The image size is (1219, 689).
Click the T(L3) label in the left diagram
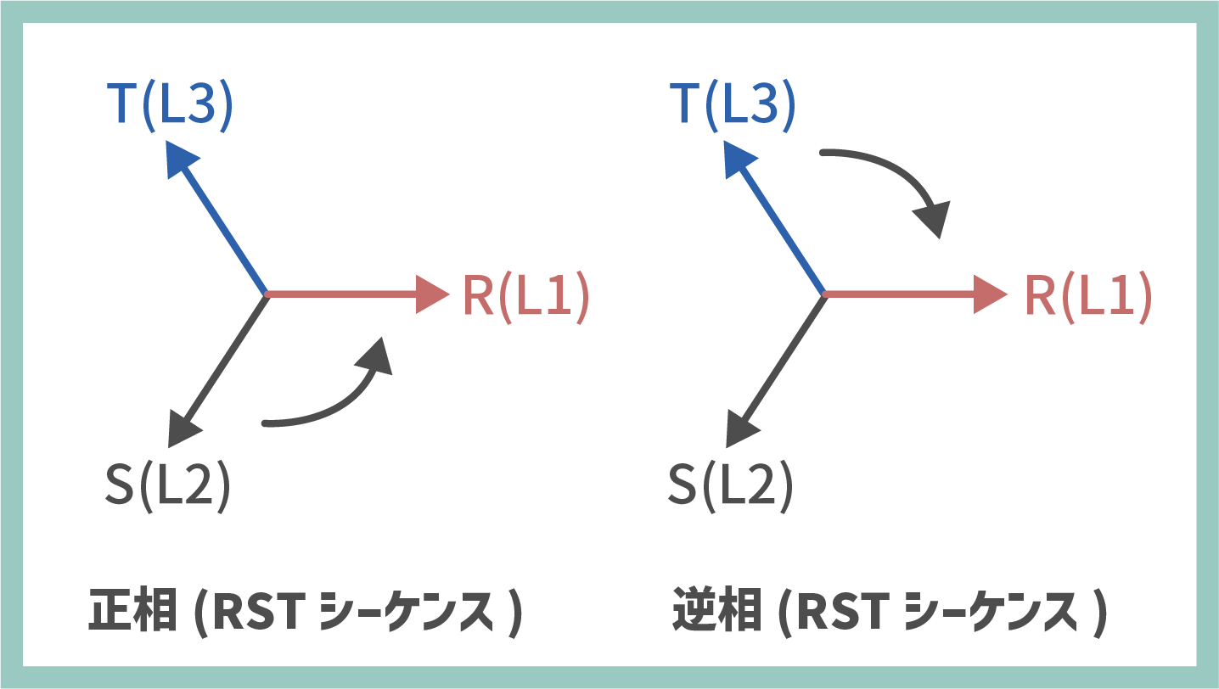tap(170, 107)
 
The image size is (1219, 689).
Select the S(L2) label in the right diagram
tap(730, 487)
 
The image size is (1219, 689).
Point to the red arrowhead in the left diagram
tap(433, 294)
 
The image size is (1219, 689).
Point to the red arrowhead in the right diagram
tap(991, 294)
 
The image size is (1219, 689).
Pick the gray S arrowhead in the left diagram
tap(181, 429)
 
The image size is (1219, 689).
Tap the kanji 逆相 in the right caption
tap(715, 612)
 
